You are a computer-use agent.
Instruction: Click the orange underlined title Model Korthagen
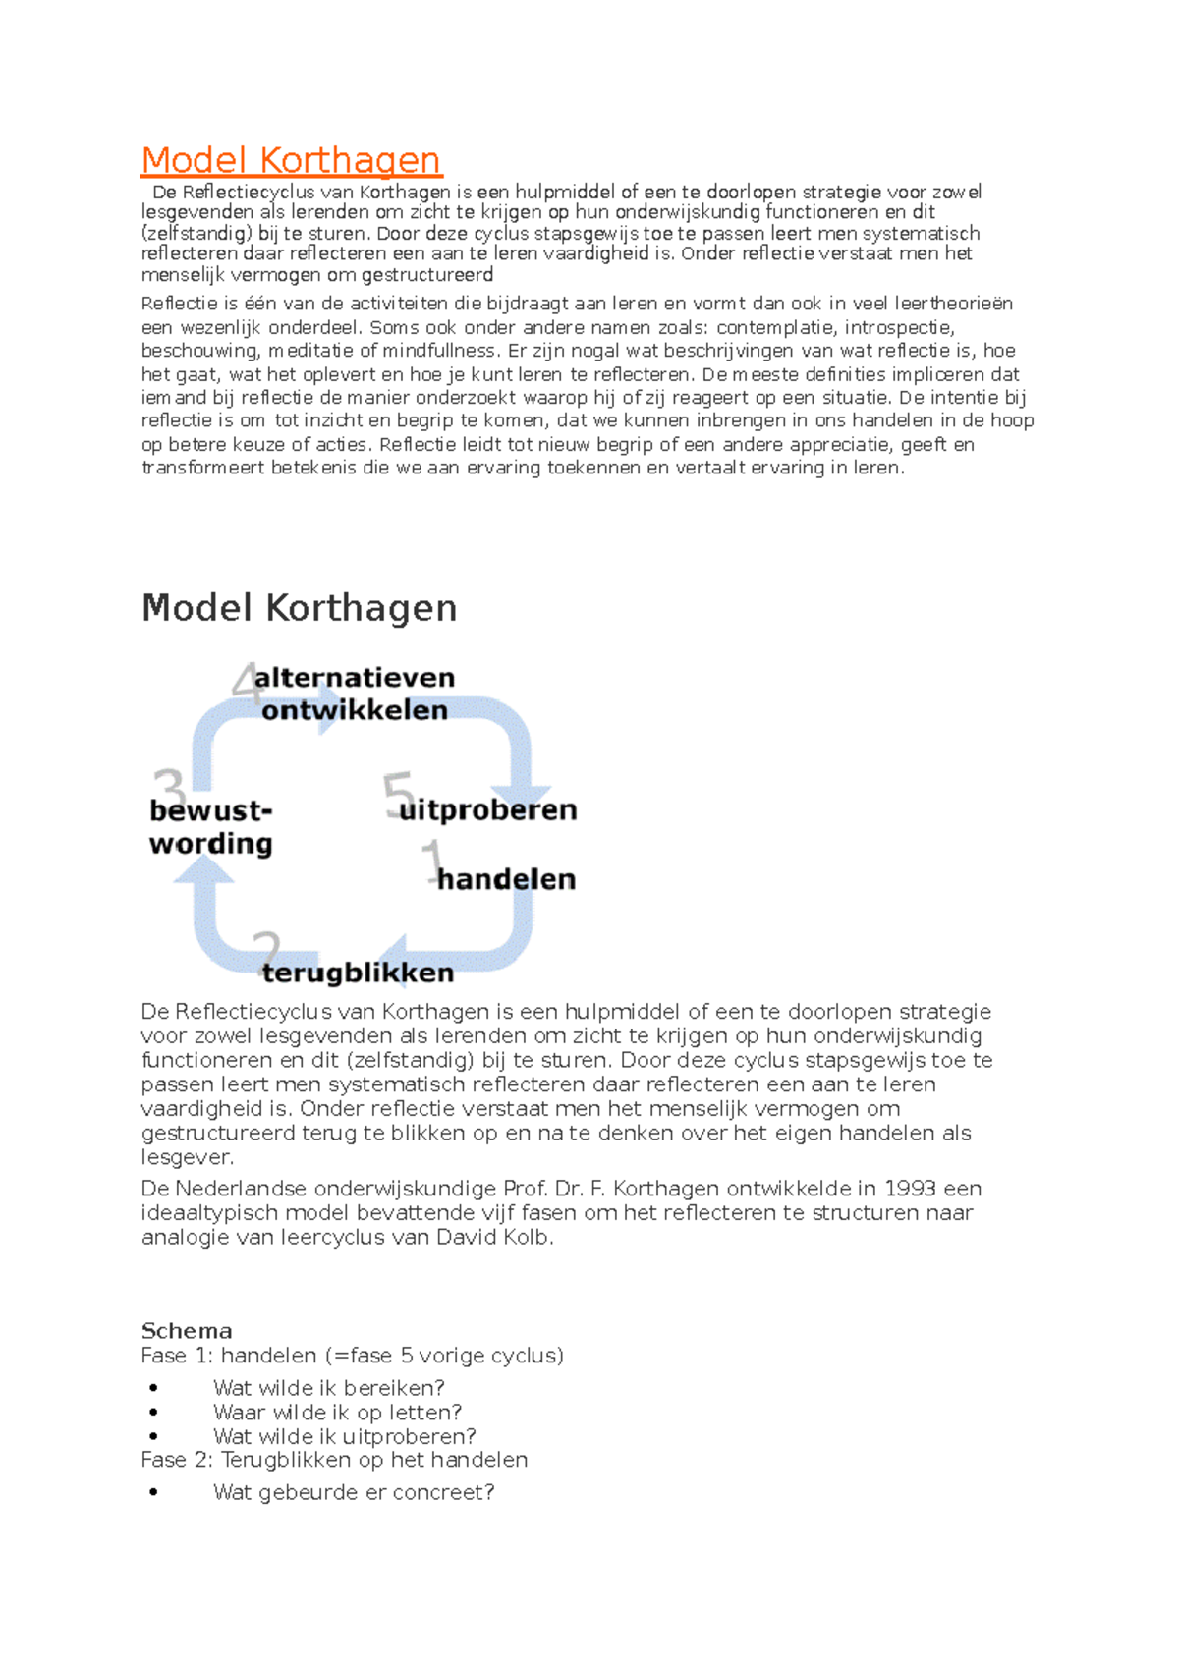click(291, 160)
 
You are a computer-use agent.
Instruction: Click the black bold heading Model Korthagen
click(299, 608)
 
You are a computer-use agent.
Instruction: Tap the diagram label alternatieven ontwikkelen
click(354, 694)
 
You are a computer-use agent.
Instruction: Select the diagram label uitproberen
click(488, 810)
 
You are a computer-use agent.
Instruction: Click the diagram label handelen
click(506, 879)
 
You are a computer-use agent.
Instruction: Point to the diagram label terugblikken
click(358, 973)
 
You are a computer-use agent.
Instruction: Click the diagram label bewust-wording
click(210, 827)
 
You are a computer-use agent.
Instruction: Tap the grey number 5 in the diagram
click(398, 793)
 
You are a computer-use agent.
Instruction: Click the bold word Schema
click(187, 1331)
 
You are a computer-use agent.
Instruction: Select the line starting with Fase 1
click(352, 1356)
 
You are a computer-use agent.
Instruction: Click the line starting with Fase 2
click(334, 1460)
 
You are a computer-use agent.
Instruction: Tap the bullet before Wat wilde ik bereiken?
click(154, 1389)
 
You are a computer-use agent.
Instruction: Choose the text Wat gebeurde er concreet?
click(354, 1493)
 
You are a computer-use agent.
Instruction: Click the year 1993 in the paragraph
click(910, 1189)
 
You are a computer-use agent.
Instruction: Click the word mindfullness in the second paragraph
click(439, 351)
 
